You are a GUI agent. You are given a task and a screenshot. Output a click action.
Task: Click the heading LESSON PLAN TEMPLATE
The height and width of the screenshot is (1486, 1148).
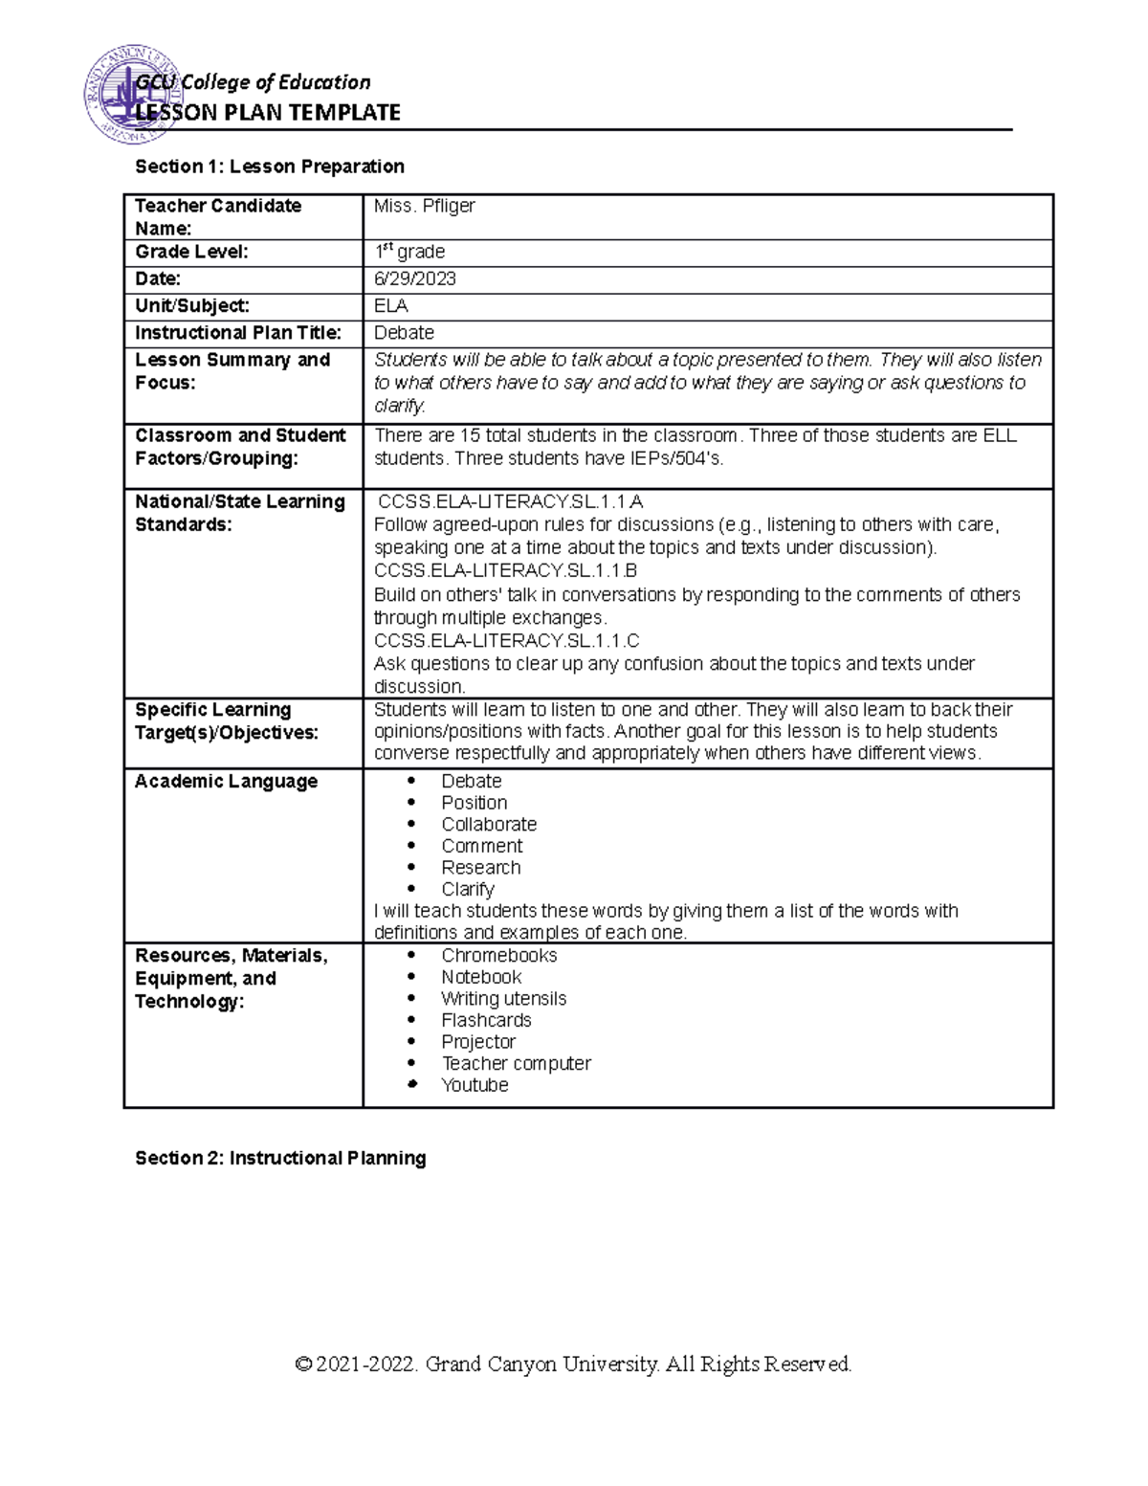coord(268,113)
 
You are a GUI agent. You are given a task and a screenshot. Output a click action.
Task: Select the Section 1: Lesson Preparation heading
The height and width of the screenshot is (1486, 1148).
coord(270,166)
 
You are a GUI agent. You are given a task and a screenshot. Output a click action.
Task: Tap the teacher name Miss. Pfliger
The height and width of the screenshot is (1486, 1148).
coord(424,206)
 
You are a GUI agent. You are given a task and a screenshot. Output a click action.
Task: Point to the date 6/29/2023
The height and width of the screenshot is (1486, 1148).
coord(414,279)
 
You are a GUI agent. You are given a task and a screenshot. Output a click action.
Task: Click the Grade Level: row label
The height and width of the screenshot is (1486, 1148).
coord(191,252)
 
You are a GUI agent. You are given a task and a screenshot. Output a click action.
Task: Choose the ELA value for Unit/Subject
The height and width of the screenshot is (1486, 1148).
coord(390,306)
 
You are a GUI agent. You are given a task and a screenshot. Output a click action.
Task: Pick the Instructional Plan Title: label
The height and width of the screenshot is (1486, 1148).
coord(237,333)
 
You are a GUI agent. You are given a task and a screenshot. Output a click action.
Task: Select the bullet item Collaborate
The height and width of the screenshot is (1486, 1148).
coord(488,825)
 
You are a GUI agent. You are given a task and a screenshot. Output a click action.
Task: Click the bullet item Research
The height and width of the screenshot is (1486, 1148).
coord(480,868)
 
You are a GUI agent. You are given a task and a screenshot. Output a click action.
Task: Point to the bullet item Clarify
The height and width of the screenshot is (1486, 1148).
coord(467,890)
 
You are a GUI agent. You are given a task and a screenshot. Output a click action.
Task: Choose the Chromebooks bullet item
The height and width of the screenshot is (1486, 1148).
coord(498,956)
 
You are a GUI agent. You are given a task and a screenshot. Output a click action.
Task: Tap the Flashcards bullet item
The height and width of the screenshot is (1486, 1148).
coord(486,1021)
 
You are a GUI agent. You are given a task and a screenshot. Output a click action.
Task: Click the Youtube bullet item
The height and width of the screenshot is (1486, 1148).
coord(475,1086)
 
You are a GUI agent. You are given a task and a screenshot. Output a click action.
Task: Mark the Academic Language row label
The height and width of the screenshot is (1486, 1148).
coord(226,782)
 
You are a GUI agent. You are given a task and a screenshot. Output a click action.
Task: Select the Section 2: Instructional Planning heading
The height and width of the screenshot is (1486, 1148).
coord(280,1159)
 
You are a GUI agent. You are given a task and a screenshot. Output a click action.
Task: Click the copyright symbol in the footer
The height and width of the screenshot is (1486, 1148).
coord(304,1364)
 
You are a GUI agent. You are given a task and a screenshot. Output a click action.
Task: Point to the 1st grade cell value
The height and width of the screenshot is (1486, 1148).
coord(408,253)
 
